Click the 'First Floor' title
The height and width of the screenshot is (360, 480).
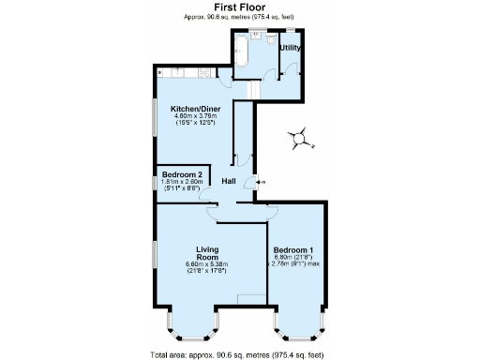coord(239,7)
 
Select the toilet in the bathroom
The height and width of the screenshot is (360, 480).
coord(268,43)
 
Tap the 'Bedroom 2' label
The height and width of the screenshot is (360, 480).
coord(182,174)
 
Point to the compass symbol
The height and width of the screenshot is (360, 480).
coord(299,139)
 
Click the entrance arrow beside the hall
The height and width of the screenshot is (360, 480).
coord(259,180)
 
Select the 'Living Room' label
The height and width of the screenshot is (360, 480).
coord(207,253)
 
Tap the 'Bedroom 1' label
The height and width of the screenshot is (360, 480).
coord(293,250)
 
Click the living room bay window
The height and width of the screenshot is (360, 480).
coord(192,326)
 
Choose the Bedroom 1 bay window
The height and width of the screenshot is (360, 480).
coord(300,326)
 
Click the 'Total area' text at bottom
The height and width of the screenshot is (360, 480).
coord(239,354)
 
